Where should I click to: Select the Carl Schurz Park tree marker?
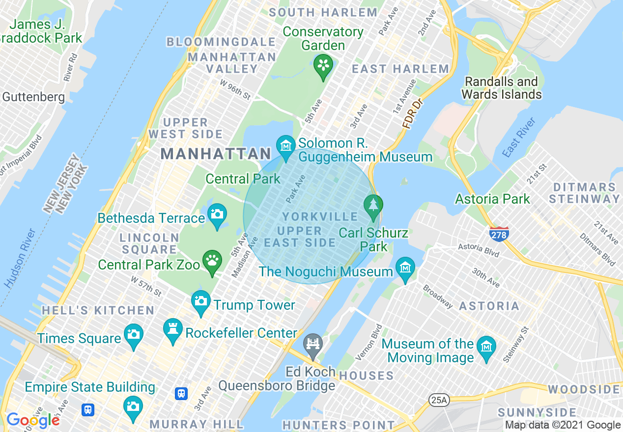pyautogui.click(x=373, y=204)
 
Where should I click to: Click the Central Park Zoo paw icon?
pyautogui.click(x=212, y=260)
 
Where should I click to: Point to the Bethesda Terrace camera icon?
pyautogui.click(x=217, y=214)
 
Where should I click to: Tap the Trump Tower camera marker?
pyautogui.click(x=200, y=300)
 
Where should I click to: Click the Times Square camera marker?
pyautogui.click(x=133, y=334)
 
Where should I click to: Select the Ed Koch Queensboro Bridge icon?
pyautogui.click(x=313, y=343)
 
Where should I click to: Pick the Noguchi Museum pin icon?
pyautogui.click(x=405, y=268)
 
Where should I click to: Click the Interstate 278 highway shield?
pyautogui.click(x=499, y=233)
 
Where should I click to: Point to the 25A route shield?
pyautogui.click(x=439, y=401)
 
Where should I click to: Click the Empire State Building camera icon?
pyautogui.click(x=133, y=406)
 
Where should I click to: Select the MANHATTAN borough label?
pyautogui.click(x=216, y=154)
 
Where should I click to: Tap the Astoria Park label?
pyautogui.click(x=492, y=199)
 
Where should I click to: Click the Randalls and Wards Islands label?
pyautogui.click(x=501, y=88)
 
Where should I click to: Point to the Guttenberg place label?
pyautogui.click(x=33, y=97)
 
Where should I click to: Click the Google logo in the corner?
pyautogui.click(x=33, y=420)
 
